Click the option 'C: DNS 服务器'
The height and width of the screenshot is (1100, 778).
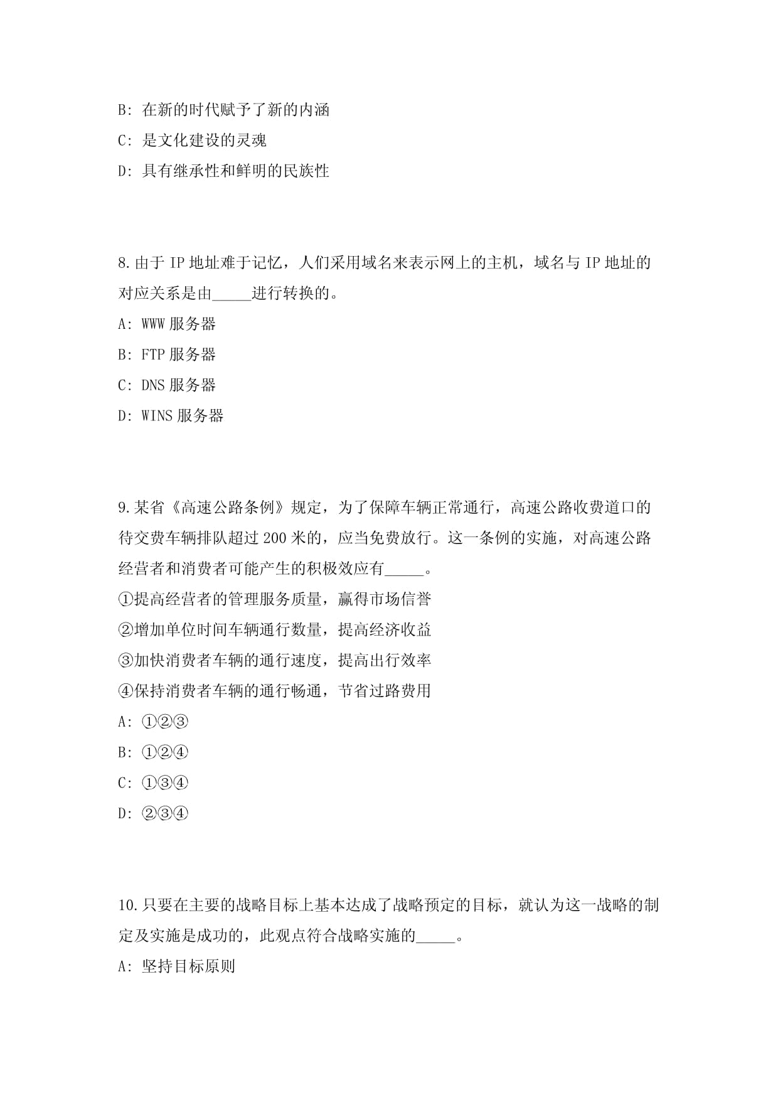point(166,385)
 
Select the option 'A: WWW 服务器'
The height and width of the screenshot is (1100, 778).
point(166,324)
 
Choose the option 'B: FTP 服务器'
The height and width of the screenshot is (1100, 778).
point(166,355)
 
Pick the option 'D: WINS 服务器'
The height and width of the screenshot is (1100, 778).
point(170,415)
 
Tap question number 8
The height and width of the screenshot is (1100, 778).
point(124,263)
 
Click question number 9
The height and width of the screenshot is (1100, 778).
point(124,507)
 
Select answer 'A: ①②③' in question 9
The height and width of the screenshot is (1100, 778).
point(153,722)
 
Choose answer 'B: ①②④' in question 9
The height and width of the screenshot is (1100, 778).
point(153,752)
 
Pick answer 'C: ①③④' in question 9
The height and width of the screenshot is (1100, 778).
point(153,783)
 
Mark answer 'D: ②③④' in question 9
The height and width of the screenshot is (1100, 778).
point(153,814)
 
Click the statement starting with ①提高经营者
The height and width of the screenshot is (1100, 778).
point(274,599)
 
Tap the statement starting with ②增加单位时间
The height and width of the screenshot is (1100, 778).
point(274,630)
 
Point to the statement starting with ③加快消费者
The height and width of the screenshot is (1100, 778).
point(274,660)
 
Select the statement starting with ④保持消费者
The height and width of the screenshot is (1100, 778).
point(274,691)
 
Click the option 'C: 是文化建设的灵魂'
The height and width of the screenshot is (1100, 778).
point(192,140)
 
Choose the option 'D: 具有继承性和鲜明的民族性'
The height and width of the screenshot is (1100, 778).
point(223,171)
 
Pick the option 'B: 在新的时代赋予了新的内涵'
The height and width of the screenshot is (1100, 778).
point(223,110)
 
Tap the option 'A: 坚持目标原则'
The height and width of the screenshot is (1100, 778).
point(176,966)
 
